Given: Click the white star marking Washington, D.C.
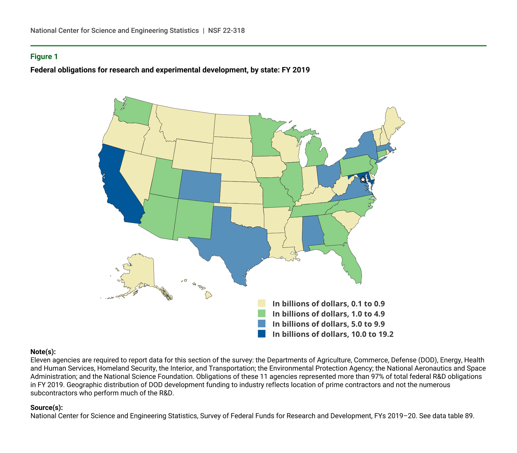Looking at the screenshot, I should (363, 179).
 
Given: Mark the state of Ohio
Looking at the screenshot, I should (328, 175).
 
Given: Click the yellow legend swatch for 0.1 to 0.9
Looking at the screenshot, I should (262, 304).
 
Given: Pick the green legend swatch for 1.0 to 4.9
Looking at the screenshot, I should (262, 314).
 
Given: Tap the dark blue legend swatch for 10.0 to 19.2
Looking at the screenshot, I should (262, 334).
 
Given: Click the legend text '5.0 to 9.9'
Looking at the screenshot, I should (368, 324).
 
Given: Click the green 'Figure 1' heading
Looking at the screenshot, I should (44, 57).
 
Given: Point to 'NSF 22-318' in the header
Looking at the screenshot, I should (226, 31).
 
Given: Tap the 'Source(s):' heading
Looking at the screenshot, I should (47, 408).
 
